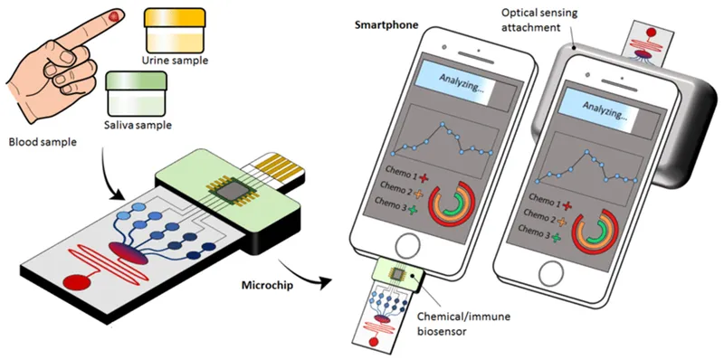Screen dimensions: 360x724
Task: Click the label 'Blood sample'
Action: [43, 143]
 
